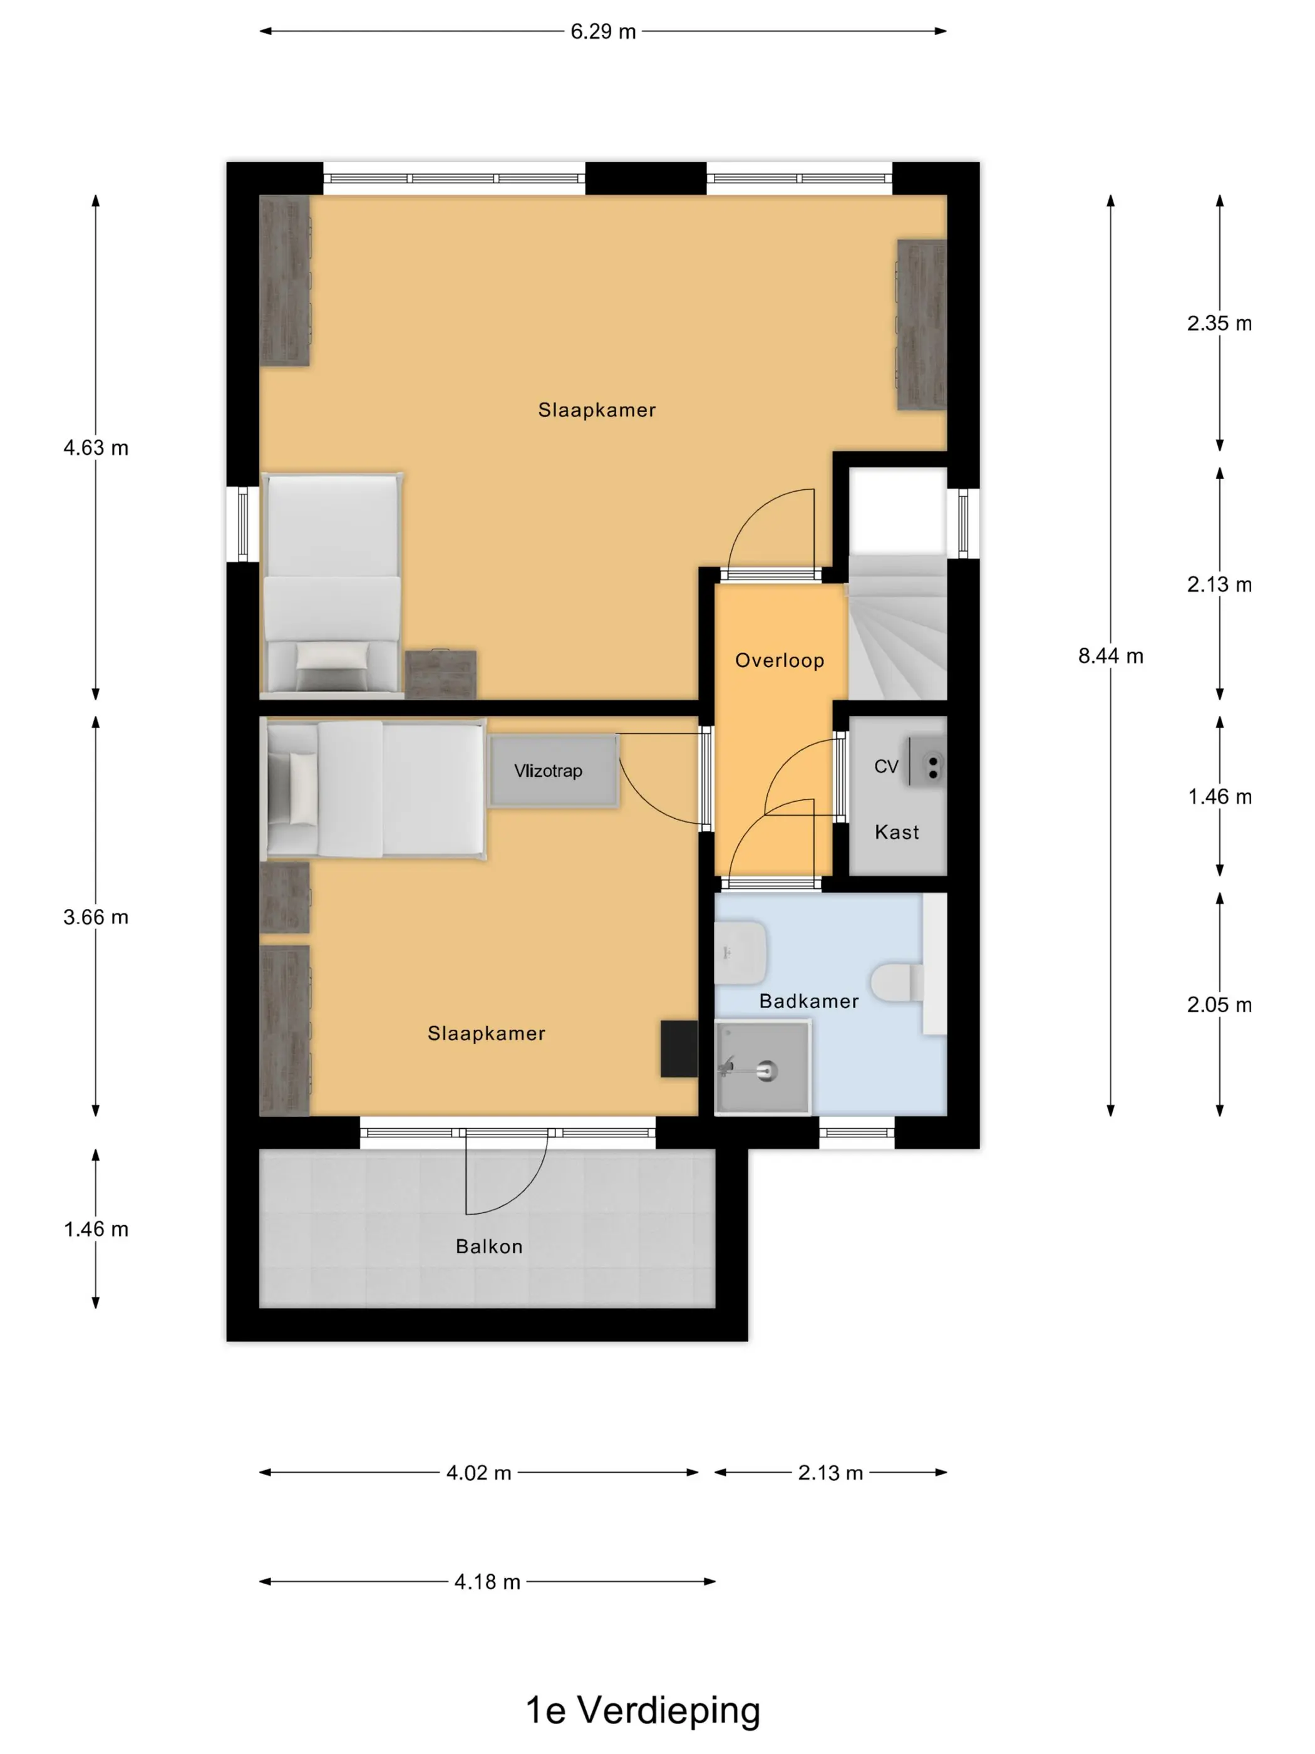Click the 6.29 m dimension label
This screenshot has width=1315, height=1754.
[x=602, y=32]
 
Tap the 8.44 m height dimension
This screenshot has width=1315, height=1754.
[x=1110, y=656]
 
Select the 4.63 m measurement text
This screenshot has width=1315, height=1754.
[x=96, y=448]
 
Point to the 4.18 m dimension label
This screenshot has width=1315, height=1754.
[x=487, y=1582]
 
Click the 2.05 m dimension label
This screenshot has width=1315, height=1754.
[x=1219, y=1005]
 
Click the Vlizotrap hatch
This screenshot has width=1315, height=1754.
[x=554, y=771]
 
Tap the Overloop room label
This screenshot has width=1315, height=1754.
[x=779, y=660]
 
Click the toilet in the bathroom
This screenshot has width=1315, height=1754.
[x=898, y=982]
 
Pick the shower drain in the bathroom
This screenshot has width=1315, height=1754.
[x=766, y=1071]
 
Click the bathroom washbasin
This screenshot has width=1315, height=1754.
[x=740, y=952]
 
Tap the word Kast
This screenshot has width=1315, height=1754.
[x=897, y=832]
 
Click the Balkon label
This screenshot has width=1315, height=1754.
[x=489, y=1247]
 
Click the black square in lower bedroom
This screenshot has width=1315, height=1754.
[x=679, y=1048]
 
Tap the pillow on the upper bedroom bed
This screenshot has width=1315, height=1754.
[x=332, y=656]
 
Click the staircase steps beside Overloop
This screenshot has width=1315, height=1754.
[x=897, y=628]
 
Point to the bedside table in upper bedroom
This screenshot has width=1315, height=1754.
[x=441, y=675]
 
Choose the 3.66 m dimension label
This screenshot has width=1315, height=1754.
[x=96, y=918]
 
